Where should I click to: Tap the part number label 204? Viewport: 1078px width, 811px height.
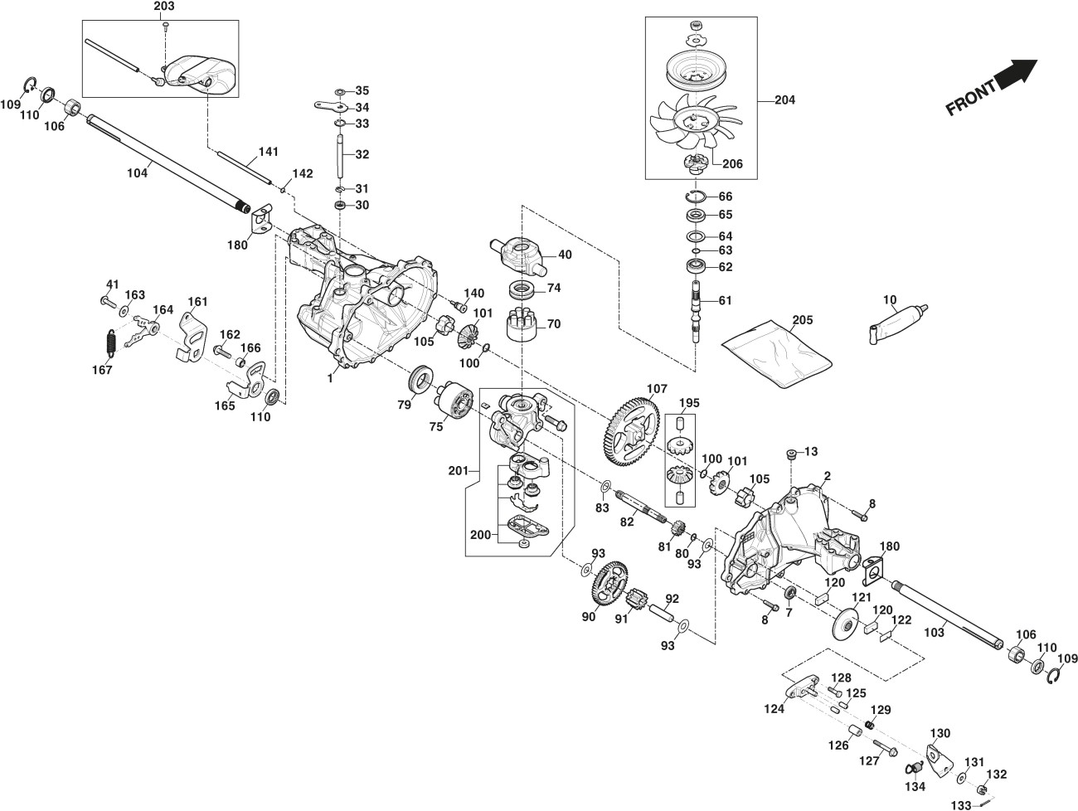784,100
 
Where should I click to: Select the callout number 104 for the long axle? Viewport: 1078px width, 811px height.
137,172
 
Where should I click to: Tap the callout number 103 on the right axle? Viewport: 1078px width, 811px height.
934,633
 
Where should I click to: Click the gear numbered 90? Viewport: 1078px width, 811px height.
609,588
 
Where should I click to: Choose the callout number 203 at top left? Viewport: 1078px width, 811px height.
164,7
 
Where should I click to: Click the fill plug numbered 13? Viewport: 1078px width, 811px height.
791,454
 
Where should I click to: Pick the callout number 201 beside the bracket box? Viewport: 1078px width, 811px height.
456,472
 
